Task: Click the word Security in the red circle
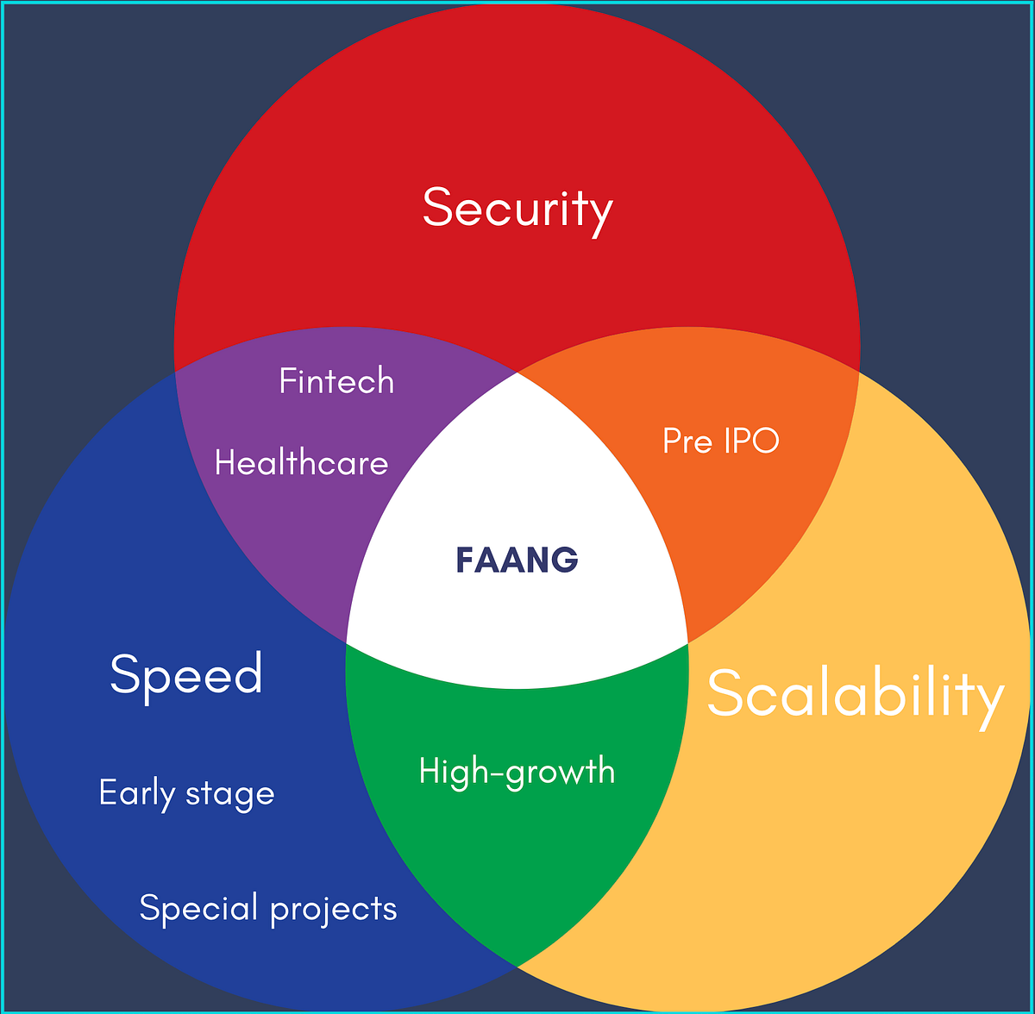point(517,209)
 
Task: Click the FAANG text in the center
point(517,560)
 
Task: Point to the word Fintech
point(336,381)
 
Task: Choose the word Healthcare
point(301,464)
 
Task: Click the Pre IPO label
point(720,441)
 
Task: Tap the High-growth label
point(517,771)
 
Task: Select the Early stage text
point(186,793)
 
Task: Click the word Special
point(199,908)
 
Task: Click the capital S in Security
point(437,209)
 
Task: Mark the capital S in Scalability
point(724,693)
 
